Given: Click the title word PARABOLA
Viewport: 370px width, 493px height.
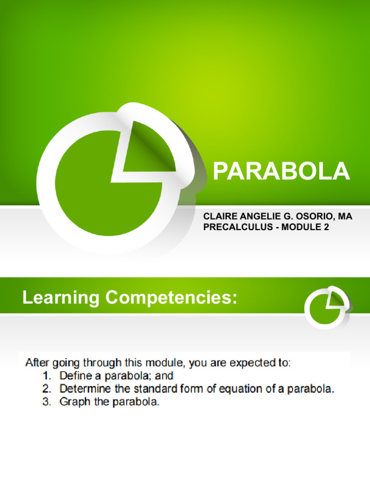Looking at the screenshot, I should pyautogui.click(x=281, y=171).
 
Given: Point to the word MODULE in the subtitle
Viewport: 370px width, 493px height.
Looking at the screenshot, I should pyautogui.click(x=300, y=227).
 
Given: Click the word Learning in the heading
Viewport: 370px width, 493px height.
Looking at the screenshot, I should pyautogui.click(x=61, y=298).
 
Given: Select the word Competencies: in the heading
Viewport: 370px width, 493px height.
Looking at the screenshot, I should pyautogui.click(x=172, y=298).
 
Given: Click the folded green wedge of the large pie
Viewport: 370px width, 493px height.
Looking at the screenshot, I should pyautogui.click(x=145, y=147).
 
